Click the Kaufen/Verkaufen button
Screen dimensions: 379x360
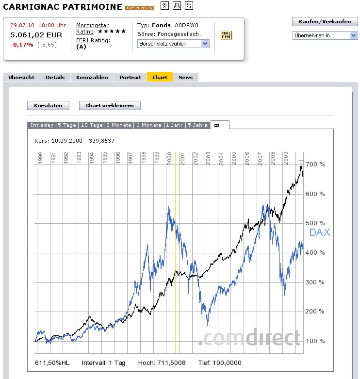[x=325, y=22]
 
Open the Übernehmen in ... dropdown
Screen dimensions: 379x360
[x=325, y=35]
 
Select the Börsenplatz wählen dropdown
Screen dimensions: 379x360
[x=173, y=44]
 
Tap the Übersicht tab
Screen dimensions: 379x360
[x=21, y=77]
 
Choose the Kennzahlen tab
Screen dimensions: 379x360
[x=92, y=77]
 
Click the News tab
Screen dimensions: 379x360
[x=185, y=77]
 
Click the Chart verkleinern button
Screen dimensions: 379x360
[x=113, y=105]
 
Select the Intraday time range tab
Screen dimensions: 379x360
[x=42, y=125]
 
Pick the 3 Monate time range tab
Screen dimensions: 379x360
[x=118, y=125]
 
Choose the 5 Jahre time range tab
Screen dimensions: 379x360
[x=197, y=125]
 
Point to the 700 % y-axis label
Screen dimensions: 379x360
[x=315, y=165]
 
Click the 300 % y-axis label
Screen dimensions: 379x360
[x=315, y=282]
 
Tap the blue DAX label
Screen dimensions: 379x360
[x=320, y=232]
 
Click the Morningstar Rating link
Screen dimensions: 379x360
[x=92, y=28]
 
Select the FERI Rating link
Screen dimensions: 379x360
[x=93, y=40]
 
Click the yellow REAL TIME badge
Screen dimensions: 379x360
[x=226, y=34]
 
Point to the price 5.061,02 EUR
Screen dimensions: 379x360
[x=36, y=35]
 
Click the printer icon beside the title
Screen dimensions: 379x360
[x=177, y=6]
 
